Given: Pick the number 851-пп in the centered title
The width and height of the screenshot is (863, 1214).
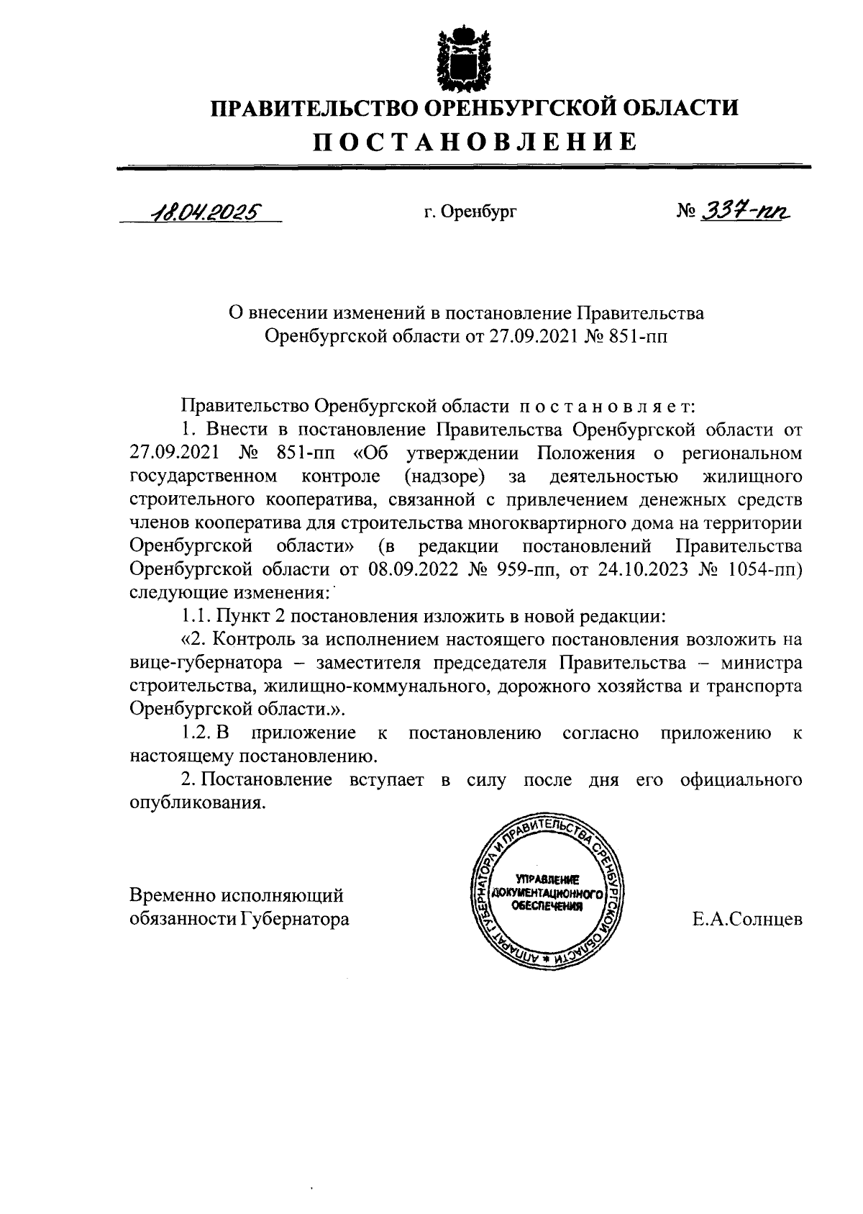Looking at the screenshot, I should (639, 336).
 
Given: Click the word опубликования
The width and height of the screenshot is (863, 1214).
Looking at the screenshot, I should (197, 803).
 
